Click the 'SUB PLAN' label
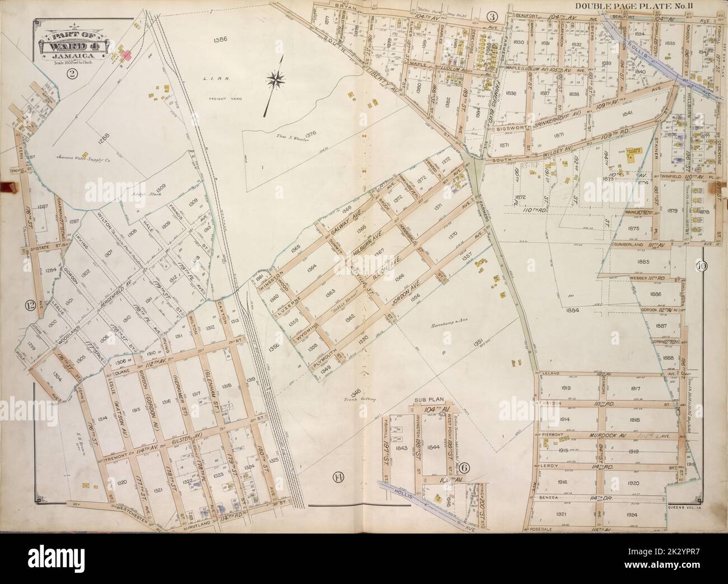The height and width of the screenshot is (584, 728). tap(429, 400)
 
